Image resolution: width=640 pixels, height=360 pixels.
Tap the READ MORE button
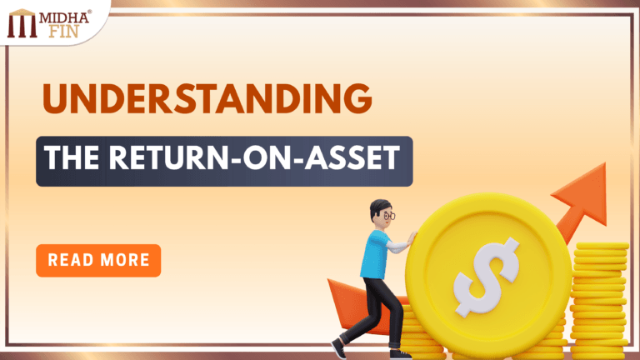point(98,260)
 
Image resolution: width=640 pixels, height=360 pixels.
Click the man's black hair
point(379,206)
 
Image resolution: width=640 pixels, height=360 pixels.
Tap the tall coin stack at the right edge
point(601,300)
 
